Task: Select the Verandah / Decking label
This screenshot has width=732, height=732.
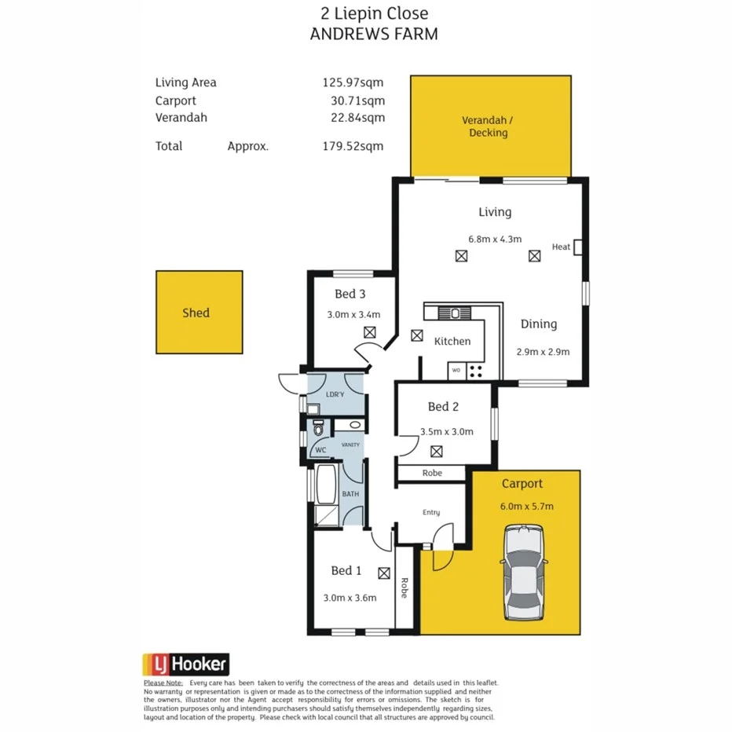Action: (489, 126)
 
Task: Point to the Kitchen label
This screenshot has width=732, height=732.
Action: (452, 341)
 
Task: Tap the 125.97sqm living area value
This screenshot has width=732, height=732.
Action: (353, 82)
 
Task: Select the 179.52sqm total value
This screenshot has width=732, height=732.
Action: (353, 146)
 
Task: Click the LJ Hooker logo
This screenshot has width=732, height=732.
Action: (186, 664)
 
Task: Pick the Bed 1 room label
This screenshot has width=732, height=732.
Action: (346, 570)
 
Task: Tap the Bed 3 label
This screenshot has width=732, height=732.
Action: (350, 295)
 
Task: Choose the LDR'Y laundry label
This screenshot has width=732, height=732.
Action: (335, 393)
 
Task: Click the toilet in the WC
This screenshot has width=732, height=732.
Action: (318, 429)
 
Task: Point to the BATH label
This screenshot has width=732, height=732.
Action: (350, 494)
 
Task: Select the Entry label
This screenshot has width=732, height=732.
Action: (431, 512)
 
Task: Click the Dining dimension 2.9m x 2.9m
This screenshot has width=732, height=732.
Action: (543, 352)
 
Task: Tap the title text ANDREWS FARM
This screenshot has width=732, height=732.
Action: (374, 34)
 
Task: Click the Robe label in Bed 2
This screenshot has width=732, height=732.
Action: (432, 473)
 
